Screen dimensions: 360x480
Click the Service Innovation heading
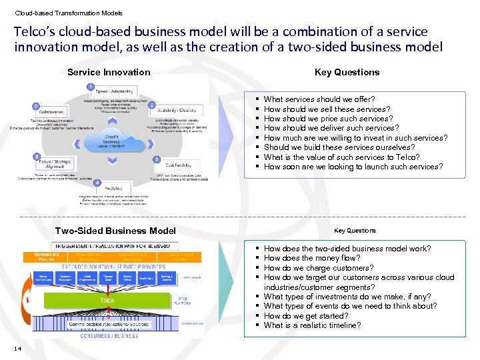tap(109, 72)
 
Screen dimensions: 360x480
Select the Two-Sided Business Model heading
tap(115, 231)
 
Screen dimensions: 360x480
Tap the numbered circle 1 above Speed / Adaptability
tap(90, 87)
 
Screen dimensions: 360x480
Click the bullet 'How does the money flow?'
tap(311, 258)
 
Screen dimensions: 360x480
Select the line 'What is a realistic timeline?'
tap(312, 325)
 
